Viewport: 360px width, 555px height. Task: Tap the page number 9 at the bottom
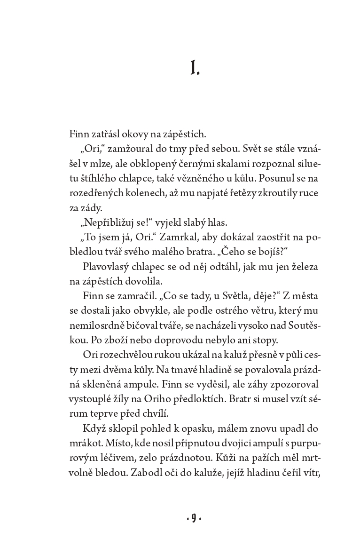pyautogui.click(x=194, y=518)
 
